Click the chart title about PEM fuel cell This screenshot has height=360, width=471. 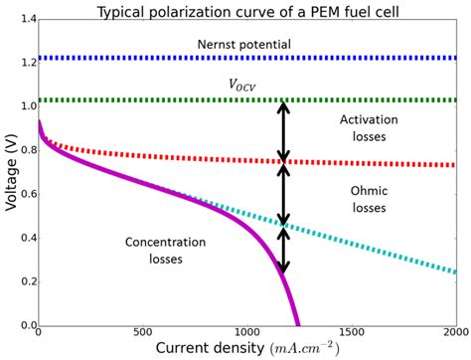[x=247, y=11]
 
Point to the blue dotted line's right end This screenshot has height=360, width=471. [x=454, y=59]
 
